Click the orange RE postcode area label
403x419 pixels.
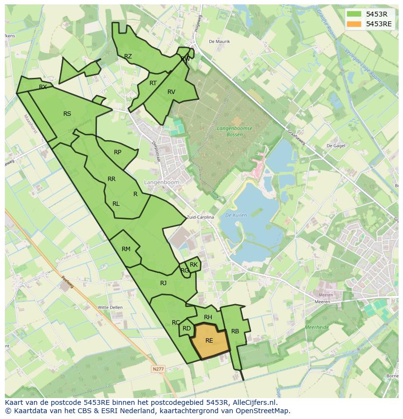[x=209, y=341]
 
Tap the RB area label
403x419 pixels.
[x=235, y=331]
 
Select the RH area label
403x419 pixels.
[x=208, y=317]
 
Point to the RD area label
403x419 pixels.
[x=186, y=328]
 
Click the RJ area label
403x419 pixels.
[x=164, y=283]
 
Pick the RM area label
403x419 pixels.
[x=126, y=249]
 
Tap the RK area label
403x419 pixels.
[x=194, y=265]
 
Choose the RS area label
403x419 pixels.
[x=67, y=114]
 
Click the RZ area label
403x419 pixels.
[x=128, y=56]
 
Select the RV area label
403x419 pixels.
[x=171, y=92]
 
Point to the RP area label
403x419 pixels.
[x=117, y=152]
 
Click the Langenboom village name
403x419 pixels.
[x=162, y=182]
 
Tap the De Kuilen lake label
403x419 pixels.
[x=237, y=215]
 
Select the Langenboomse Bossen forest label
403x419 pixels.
[x=236, y=131]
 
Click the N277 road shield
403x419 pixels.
[x=158, y=369]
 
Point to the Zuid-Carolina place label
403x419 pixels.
[x=201, y=218]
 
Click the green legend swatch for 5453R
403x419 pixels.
[x=354, y=14]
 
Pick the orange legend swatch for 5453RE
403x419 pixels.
[x=354, y=24]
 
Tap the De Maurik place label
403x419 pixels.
[x=219, y=42]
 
